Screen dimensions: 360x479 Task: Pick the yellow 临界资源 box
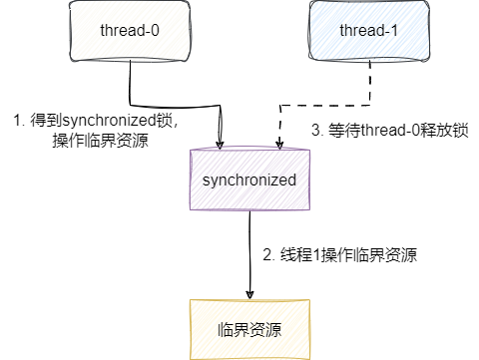click(x=250, y=328)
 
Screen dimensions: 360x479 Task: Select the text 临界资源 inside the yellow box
click(x=250, y=328)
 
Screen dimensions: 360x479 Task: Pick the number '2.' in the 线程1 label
click(x=268, y=255)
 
